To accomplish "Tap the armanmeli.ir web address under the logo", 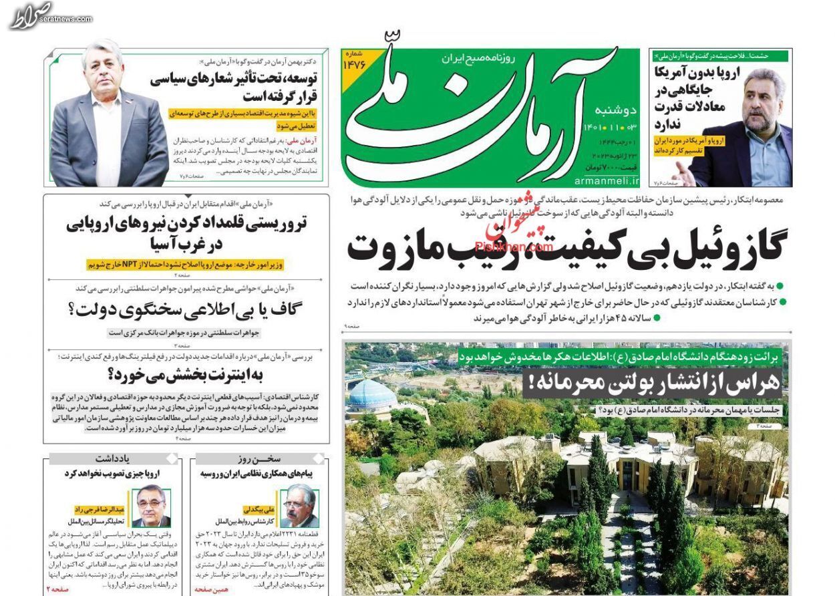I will [x=606, y=180].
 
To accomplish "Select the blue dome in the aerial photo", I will [x=373, y=394].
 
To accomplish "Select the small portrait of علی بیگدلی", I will [x=299, y=506].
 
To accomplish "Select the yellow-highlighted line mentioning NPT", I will [x=185, y=265].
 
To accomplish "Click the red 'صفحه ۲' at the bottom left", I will [x=57, y=589].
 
